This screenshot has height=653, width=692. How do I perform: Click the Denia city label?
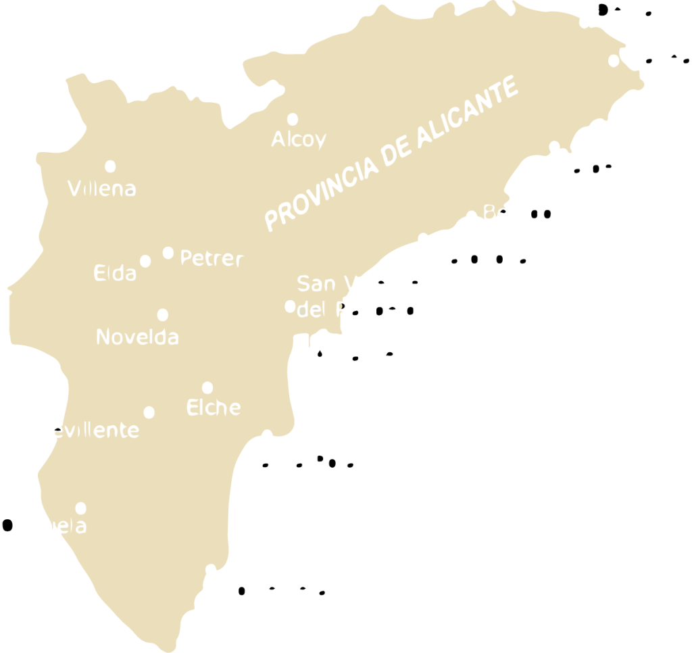[x=625, y=11]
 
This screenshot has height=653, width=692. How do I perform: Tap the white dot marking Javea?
[x=614, y=61]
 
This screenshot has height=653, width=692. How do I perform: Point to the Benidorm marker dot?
[x=472, y=217]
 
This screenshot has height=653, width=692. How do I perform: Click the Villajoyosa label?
[x=473, y=258]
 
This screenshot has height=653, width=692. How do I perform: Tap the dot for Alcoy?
[x=293, y=120]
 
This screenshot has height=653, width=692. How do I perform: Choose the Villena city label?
[x=102, y=188]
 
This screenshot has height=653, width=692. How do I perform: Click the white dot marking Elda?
[x=145, y=261]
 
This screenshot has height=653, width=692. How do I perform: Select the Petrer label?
[x=211, y=258]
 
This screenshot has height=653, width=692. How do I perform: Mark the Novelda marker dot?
[x=162, y=315]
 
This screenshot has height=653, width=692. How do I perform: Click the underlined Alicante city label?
[x=353, y=355]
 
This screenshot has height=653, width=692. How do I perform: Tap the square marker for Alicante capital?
[x=302, y=341]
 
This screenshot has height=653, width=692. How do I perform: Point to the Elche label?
[x=213, y=408]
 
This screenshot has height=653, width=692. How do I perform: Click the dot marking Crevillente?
[x=149, y=412]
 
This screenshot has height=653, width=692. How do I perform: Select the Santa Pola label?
[x=301, y=462]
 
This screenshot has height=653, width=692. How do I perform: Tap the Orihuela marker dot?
[x=81, y=508]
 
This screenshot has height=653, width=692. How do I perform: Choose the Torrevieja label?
[x=276, y=590]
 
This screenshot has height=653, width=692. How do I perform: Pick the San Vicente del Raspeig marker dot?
[x=290, y=306]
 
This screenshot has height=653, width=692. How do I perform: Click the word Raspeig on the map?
[x=376, y=310]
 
